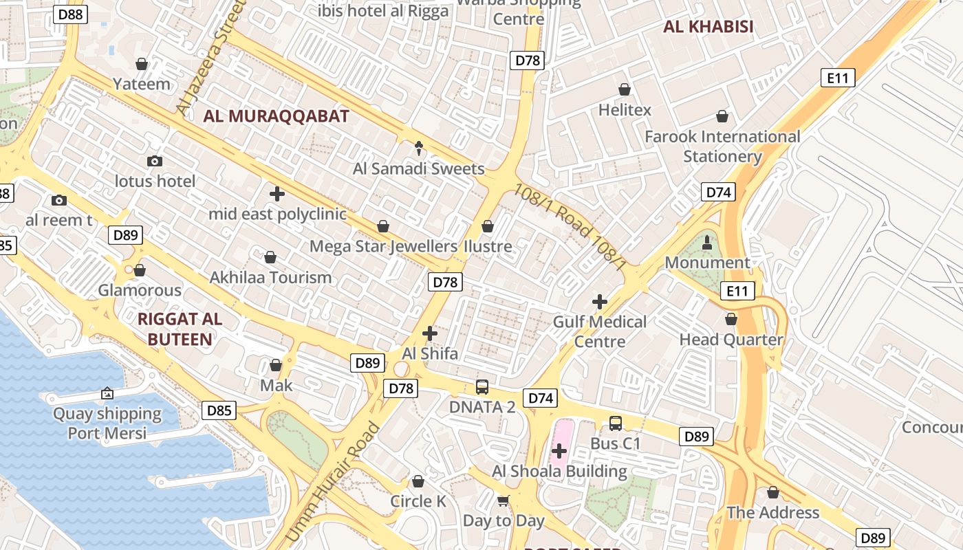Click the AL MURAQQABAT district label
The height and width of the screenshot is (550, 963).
click(x=276, y=116)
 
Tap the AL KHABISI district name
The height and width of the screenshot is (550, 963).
click(x=708, y=27)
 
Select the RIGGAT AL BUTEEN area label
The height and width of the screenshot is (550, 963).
click(x=180, y=329)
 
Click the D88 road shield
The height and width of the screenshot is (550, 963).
click(x=71, y=14)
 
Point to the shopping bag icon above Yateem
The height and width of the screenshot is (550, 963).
click(x=142, y=64)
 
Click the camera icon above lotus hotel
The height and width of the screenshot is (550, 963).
click(x=155, y=161)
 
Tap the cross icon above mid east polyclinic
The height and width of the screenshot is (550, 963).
click(x=277, y=194)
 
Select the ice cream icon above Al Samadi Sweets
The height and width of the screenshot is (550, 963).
click(x=419, y=147)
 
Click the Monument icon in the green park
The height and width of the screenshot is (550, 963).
click(x=706, y=242)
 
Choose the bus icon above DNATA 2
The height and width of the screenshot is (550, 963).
click(x=482, y=386)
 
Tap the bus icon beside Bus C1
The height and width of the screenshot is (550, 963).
click(x=616, y=423)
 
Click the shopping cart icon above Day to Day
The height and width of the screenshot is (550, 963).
click(x=504, y=500)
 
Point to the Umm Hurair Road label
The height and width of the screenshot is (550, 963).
click(x=332, y=481)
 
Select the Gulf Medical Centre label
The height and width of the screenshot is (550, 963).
click(x=600, y=331)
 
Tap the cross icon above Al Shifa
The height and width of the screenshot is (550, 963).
click(x=430, y=333)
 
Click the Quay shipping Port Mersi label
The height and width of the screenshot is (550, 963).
click(x=107, y=423)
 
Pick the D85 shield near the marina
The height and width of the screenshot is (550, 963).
click(x=219, y=411)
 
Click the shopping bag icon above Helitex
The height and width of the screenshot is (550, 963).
click(x=625, y=89)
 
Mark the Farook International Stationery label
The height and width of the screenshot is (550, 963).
click(x=722, y=146)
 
